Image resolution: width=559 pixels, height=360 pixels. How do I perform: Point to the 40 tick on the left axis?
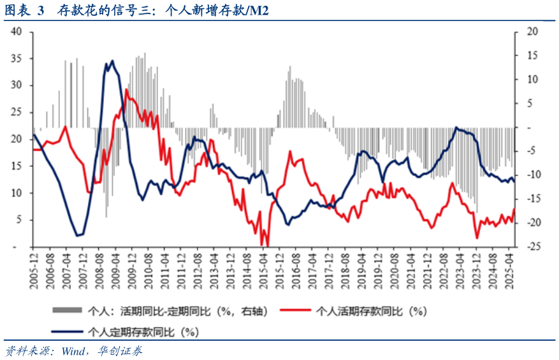pyautogui.click(x=17, y=31)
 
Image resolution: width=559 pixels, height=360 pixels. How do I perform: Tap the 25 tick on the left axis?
pyautogui.click(x=17, y=112)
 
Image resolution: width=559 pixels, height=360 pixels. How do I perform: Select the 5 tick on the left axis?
pyautogui.click(x=20, y=220)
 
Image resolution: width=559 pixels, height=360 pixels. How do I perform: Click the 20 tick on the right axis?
pyautogui.click(x=532, y=31)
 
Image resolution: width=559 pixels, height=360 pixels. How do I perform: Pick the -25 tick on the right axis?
pyautogui.click(x=531, y=247)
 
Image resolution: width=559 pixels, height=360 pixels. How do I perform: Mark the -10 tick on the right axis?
pyautogui.click(x=531, y=175)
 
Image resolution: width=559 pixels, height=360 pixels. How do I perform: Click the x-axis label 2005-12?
pyautogui.click(x=34, y=270)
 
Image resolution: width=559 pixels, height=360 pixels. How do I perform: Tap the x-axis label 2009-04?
pyautogui.click(x=115, y=270)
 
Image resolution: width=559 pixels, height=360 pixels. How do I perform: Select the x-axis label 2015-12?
pyautogui.click(x=278, y=270)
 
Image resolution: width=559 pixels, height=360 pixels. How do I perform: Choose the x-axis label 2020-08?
pyautogui.click(x=393, y=270)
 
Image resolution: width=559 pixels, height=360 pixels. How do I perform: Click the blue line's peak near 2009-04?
pyautogui.click(x=112, y=61)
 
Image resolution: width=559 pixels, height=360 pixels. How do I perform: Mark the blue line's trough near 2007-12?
pyautogui.click(x=78, y=236)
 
